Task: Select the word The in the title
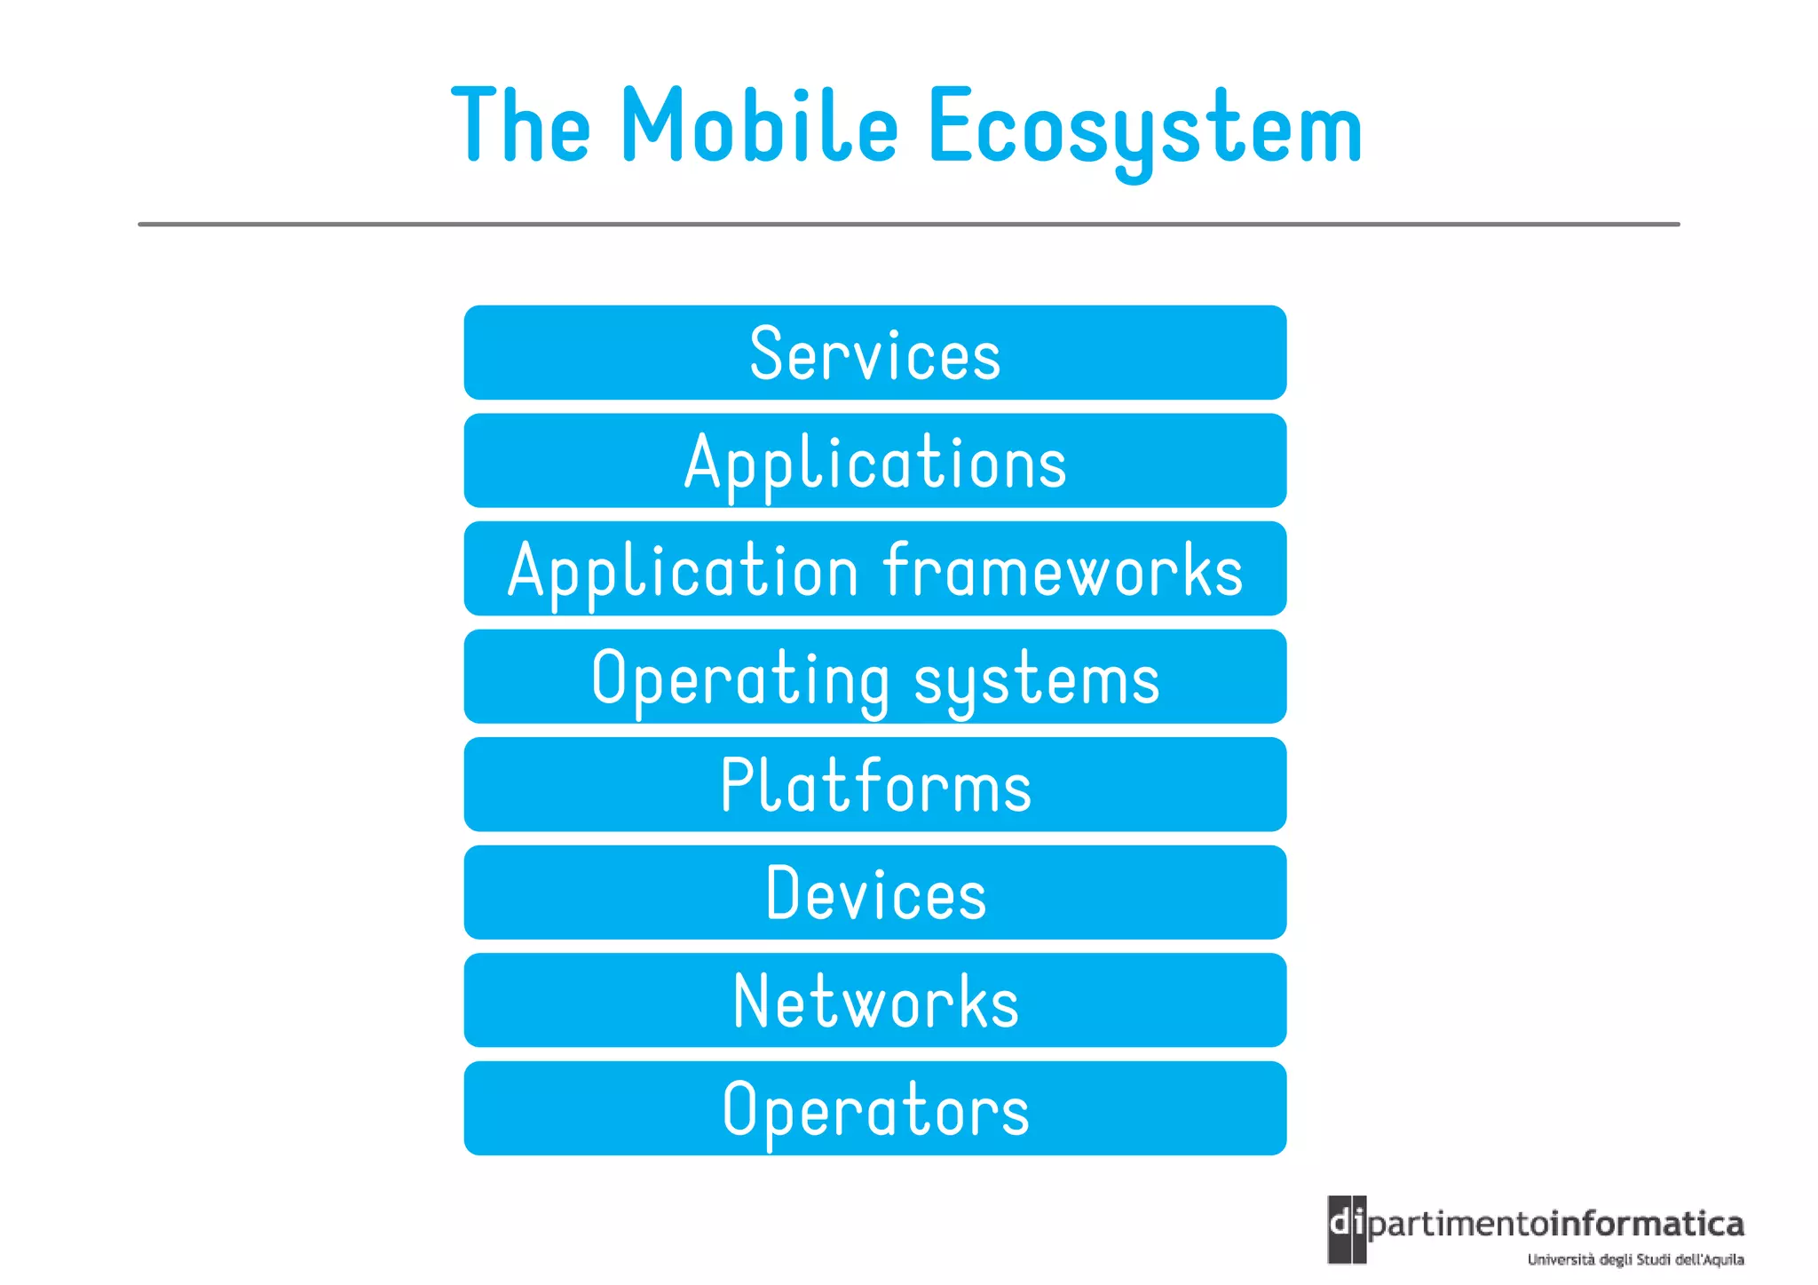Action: (521, 126)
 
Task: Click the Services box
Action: (874, 353)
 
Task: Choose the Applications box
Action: (874, 461)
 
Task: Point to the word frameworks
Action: (1063, 570)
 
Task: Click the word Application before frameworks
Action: (683, 570)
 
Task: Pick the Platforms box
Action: (874, 785)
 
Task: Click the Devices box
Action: (874, 892)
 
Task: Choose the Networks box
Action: (874, 1001)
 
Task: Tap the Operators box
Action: (874, 1108)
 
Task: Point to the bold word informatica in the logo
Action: (1649, 1225)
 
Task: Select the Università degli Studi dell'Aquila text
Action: (1635, 1259)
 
